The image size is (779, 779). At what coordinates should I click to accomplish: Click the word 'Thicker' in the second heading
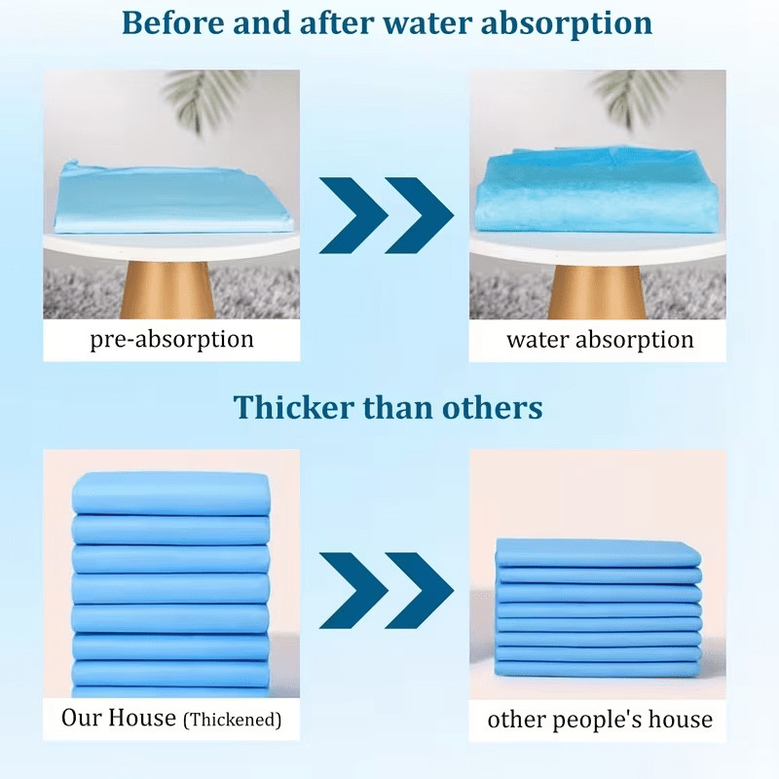(x=293, y=407)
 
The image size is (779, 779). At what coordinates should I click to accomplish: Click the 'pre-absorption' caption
(x=172, y=340)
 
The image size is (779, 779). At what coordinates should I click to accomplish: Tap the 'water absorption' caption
(x=600, y=340)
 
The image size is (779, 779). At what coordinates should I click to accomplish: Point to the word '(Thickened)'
(x=233, y=720)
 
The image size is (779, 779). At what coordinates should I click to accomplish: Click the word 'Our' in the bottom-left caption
(x=82, y=718)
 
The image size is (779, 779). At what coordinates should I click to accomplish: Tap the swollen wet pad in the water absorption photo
(x=597, y=192)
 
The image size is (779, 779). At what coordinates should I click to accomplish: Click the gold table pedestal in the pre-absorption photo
(x=167, y=289)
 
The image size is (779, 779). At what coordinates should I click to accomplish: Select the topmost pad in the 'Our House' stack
(x=171, y=494)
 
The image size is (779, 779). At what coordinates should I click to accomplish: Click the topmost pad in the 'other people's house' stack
(x=598, y=553)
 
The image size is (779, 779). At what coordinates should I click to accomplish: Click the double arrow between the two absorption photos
(x=386, y=215)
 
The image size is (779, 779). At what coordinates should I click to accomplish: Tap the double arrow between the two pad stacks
(x=386, y=590)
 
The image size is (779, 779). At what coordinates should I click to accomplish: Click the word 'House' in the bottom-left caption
(x=142, y=718)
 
